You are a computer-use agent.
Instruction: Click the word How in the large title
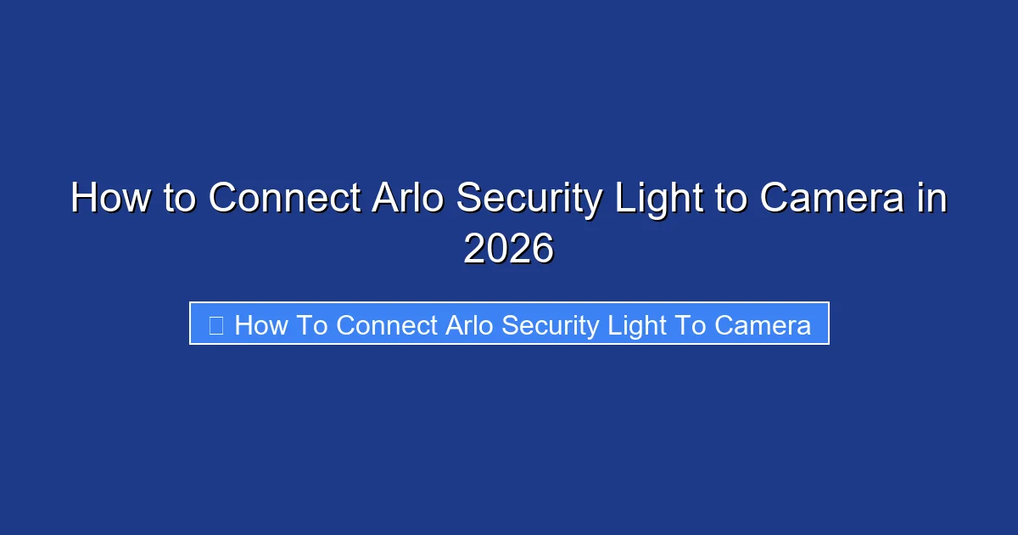click(107, 199)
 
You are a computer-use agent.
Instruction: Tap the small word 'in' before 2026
click(931, 199)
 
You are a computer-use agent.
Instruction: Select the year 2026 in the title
click(508, 249)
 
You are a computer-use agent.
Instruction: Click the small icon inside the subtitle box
click(216, 324)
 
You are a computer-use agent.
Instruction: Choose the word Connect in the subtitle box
click(387, 325)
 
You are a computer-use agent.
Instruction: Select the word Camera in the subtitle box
click(762, 325)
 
